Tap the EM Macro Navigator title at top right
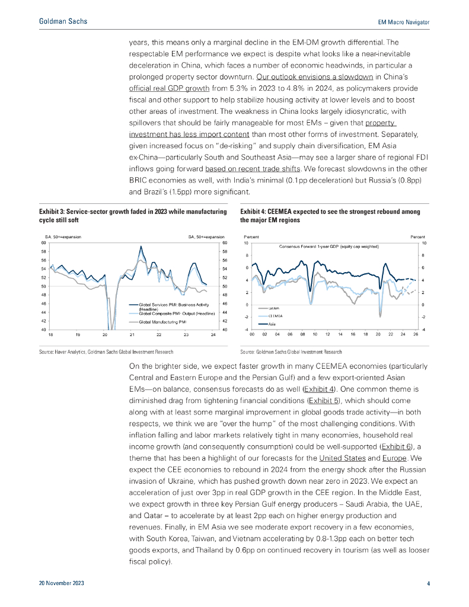(403, 22)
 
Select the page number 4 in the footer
(428, 584)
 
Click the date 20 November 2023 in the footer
(62, 584)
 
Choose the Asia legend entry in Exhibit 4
(272, 324)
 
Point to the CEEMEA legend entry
(275, 317)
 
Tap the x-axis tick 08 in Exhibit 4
(302, 335)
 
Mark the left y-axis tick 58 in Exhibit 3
(44, 251)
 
